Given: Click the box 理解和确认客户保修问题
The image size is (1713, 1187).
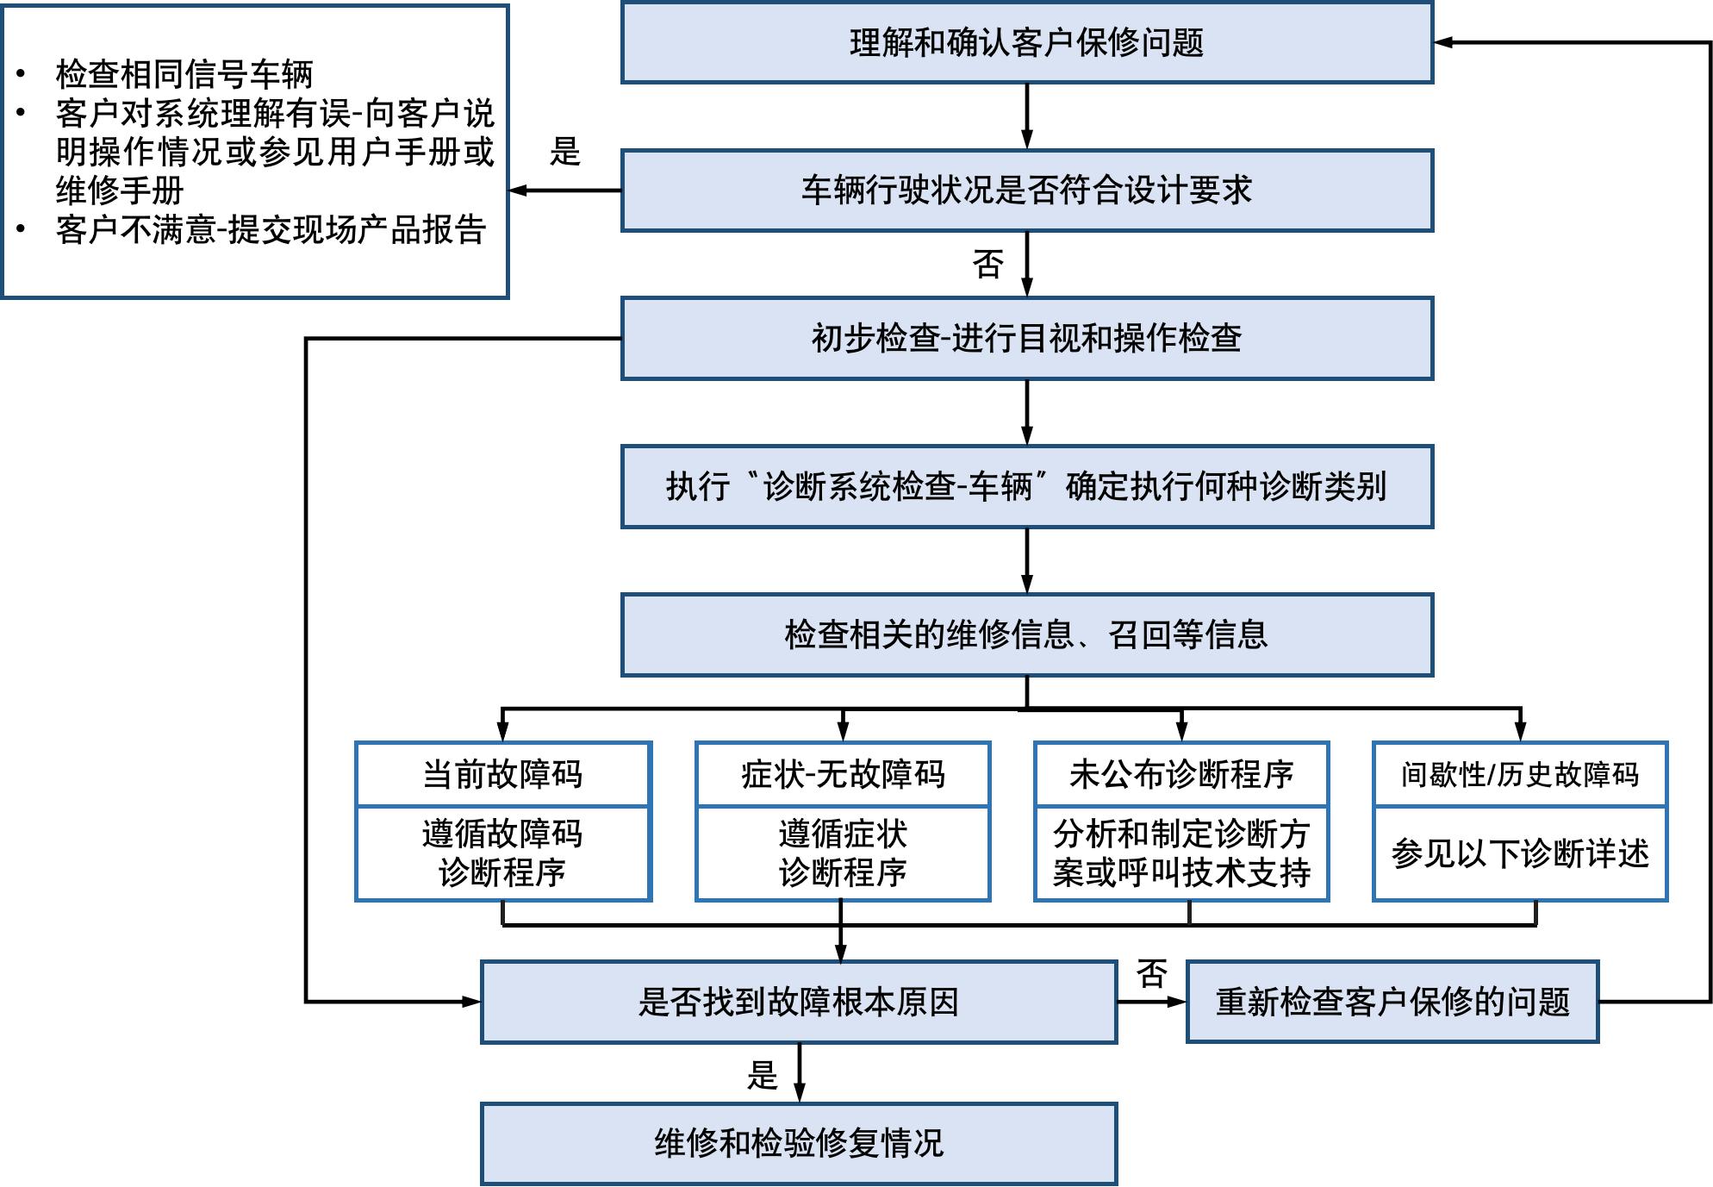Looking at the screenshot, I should [x=1026, y=43].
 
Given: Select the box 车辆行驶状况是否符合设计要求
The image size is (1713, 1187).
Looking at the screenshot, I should [x=1026, y=191].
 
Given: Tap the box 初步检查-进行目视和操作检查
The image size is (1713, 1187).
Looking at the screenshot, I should [x=1026, y=339].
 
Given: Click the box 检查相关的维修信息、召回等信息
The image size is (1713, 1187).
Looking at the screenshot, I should [x=1026, y=634].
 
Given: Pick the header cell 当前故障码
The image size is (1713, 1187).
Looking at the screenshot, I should [x=502, y=774].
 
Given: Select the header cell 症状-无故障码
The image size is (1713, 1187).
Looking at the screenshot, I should [x=843, y=774].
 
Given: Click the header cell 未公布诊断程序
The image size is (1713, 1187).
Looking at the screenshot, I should [x=1180, y=774].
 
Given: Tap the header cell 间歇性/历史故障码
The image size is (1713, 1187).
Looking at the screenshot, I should [x=1519, y=774].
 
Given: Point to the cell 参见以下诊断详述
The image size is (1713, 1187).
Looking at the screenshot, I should [x=1519, y=853].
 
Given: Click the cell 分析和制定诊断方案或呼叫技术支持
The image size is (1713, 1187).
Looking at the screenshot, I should [x=1180, y=853].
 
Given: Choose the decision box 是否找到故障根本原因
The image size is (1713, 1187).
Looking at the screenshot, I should [x=798, y=1002].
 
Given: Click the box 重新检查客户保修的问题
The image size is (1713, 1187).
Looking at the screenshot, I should [x=1392, y=1002].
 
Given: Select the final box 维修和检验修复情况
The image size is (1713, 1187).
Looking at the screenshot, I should [x=798, y=1143].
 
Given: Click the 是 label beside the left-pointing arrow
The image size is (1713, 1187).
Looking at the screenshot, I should [x=565, y=152].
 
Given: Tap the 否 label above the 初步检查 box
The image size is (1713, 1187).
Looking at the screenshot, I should [x=987, y=264].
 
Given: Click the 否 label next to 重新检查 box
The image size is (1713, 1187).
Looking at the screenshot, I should [x=1151, y=974].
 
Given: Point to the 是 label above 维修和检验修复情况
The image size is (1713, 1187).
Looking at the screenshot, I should [x=762, y=1075].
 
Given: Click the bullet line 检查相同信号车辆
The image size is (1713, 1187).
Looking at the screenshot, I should [x=184, y=74].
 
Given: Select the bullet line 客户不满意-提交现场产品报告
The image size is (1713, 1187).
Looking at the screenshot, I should [x=271, y=229].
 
